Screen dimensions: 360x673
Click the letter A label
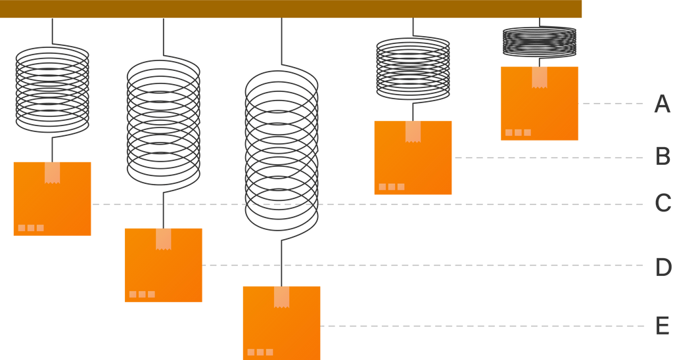pos(662,104)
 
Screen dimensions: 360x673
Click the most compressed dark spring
pos(540,41)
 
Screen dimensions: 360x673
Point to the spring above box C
pos(52,89)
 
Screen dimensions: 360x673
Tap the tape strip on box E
pos(281,297)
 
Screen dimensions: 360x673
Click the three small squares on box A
pos(518,133)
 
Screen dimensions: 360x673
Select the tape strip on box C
pos(53,172)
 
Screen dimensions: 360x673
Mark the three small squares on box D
pos(142,294)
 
